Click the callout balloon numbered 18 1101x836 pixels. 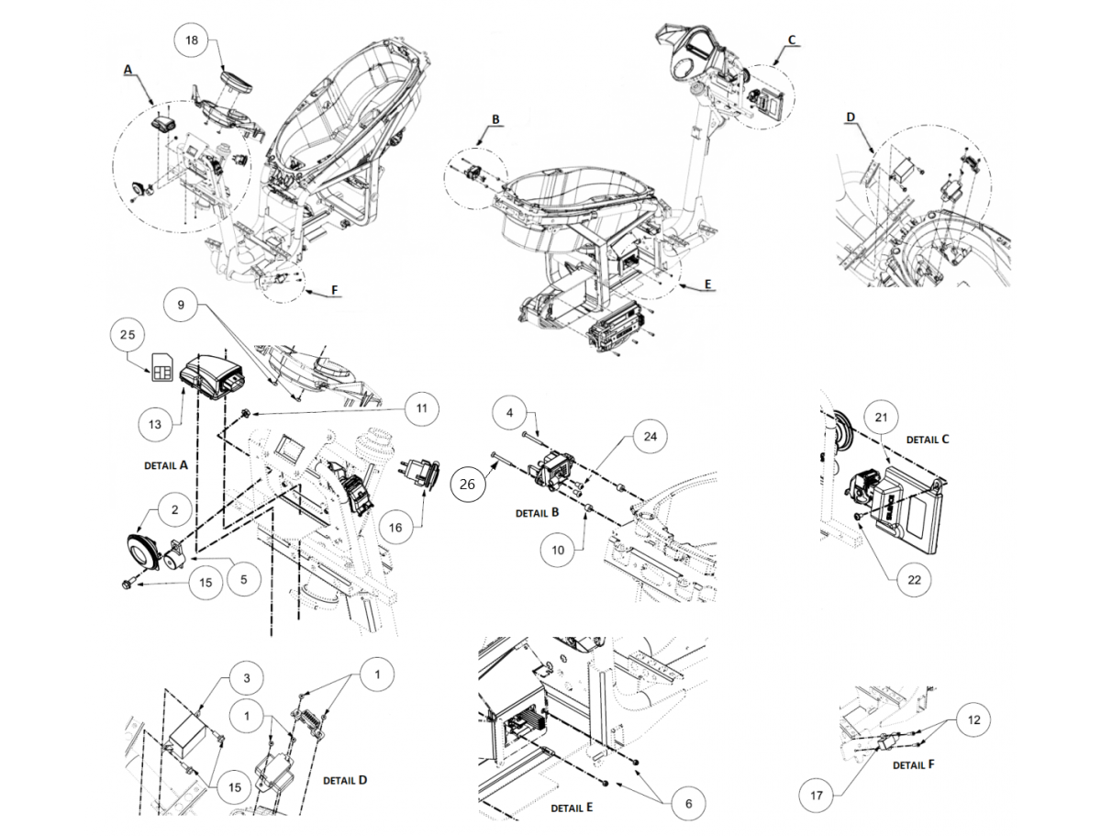pyautogui.click(x=192, y=40)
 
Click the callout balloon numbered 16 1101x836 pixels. pyautogui.click(x=395, y=528)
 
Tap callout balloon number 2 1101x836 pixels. pyautogui.click(x=173, y=507)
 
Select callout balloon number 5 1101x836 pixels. pyautogui.click(x=243, y=579)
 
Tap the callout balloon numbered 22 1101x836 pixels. pyautogui.click(x=914, y=579)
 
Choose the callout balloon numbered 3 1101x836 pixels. pyautogui.click(x=247, y=678)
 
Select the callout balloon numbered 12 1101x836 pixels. pyautogui.click(x=973, y=720)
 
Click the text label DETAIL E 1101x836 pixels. pyautogui.click(x=572, y=808)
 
